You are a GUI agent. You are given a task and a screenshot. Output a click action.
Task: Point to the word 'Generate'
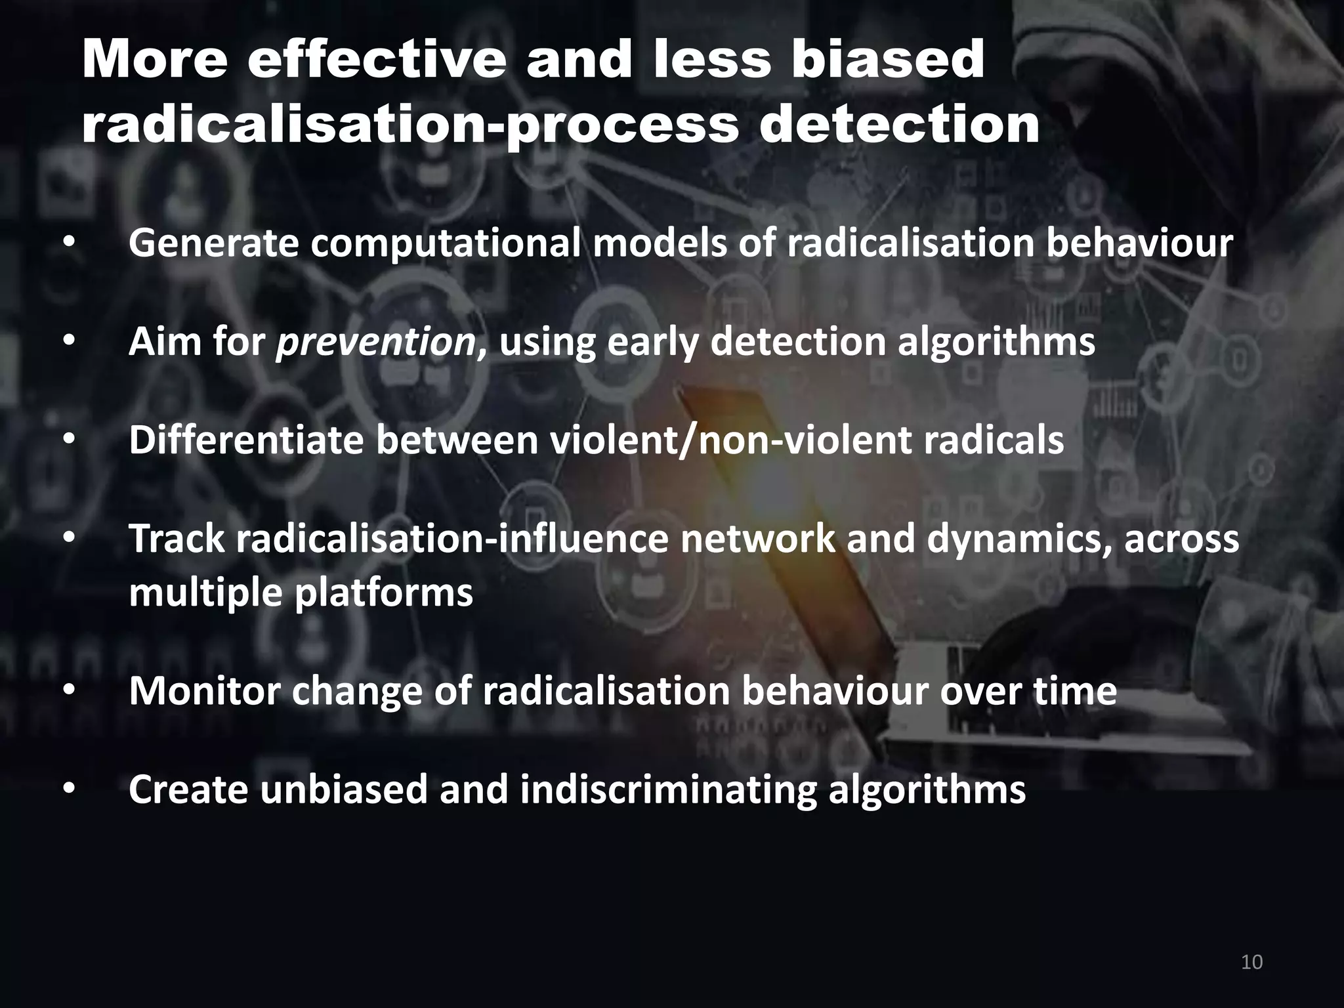tap(213, 244)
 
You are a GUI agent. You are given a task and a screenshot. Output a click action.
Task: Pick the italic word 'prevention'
tap(376, 343)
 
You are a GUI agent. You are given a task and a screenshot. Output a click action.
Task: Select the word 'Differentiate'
tap(246, 441)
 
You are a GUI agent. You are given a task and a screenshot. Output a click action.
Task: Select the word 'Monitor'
tap(205, 692)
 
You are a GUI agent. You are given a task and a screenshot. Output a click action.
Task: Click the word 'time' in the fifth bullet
tap(1075, 692)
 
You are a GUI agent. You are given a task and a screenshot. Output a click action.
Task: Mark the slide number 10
tap(1252, 963)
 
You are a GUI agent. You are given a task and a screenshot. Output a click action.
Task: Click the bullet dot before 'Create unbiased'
tap(70, 790)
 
